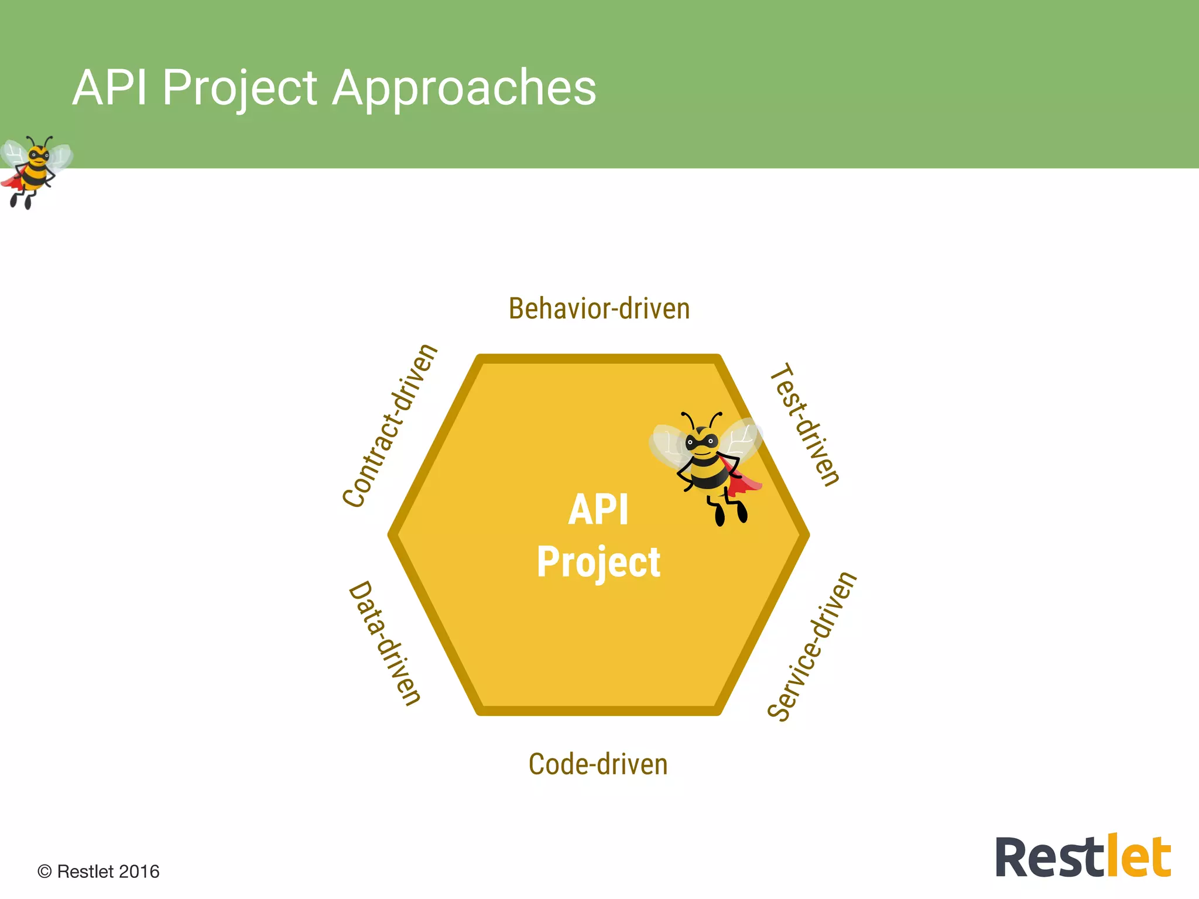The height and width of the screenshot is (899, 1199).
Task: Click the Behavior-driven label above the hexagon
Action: point(599,308)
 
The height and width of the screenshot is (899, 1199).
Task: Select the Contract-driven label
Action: point(390,426)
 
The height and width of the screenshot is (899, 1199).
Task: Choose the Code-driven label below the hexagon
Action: point(598,764)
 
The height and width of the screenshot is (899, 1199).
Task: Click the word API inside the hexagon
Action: point(598,510)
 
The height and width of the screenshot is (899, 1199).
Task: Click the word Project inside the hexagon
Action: point(598,562)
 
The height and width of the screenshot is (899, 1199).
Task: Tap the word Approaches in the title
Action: point(464,88)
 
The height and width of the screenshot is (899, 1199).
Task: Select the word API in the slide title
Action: point(109,88)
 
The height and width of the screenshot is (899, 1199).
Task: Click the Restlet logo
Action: point(1083,857)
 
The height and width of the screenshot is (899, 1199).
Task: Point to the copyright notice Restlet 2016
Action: point(98,871)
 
